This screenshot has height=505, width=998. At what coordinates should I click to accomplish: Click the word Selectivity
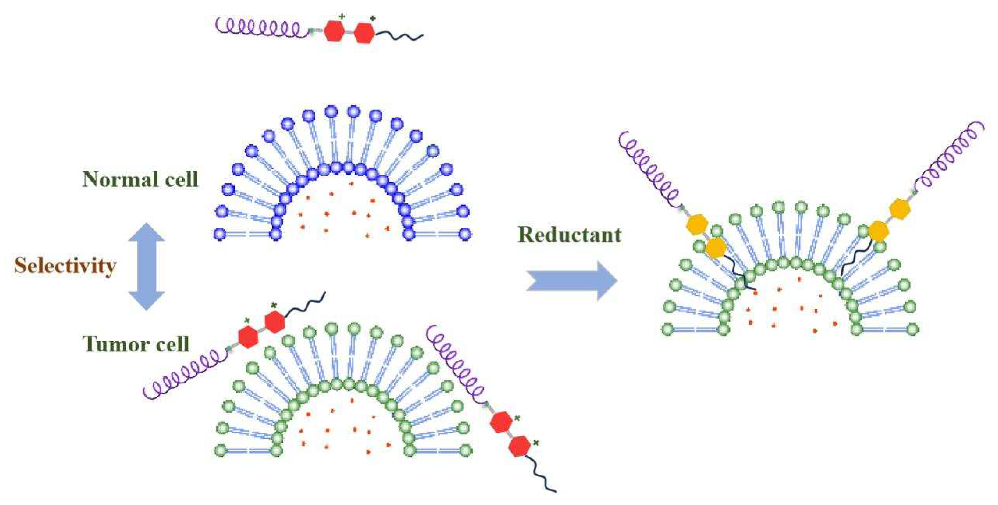tap(65, 267)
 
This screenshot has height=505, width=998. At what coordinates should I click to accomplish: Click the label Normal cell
tap(140, 179)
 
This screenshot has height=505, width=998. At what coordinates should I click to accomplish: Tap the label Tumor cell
tap(136, 344)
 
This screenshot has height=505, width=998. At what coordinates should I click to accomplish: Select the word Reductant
tap(569, 235)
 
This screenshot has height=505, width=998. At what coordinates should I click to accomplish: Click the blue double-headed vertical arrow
tap(147, 267)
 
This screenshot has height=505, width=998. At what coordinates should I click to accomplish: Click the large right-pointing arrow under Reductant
tap(572, 281)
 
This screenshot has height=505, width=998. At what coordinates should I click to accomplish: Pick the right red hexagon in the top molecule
tap(364, 33)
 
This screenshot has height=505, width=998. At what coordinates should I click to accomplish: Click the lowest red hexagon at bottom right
tap(519, 447)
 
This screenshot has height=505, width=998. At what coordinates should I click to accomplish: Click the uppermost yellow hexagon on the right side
tap(900, 210)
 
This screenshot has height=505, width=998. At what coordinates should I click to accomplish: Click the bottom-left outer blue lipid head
tap(220, 234)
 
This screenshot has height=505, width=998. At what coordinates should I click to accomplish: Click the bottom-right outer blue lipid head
tap(465, 234)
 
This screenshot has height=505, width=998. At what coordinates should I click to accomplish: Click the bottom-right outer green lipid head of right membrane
tap(912, 330)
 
